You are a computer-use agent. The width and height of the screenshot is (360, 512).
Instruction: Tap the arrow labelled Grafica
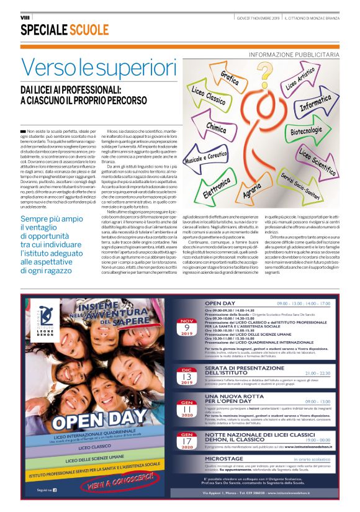tap(228, 81)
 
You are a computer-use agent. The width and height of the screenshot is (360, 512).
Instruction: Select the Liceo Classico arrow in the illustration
tap(209, 100)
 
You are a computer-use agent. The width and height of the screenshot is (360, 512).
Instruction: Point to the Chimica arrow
tap(216, 128)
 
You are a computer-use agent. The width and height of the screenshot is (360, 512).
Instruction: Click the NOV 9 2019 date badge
tap(187, 326)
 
